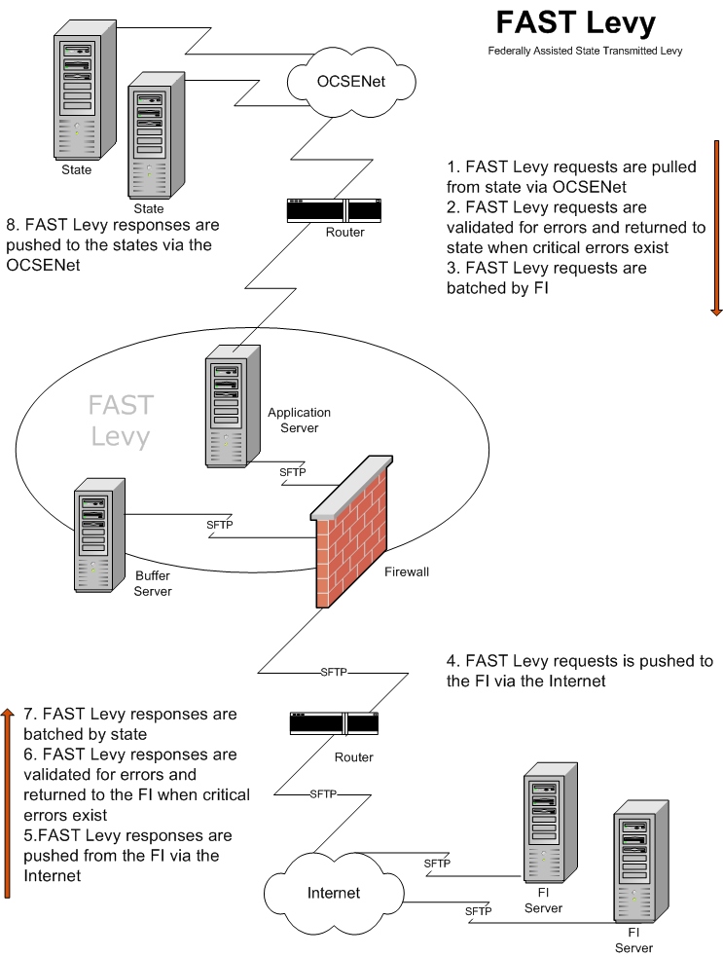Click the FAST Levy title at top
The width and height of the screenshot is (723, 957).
[576, 22]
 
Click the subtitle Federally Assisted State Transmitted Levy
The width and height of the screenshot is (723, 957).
[585, 51]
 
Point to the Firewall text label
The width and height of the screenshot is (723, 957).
[406, 571]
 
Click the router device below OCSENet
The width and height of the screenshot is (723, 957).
[333, 210]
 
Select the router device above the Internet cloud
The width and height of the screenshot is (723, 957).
[334, 723]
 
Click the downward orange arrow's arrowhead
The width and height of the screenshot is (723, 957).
[716, 311]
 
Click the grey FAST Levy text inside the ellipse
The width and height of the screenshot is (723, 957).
[121, 421]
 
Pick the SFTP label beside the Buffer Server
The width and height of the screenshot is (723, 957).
[220, 525]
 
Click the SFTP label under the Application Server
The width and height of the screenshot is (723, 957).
[292, 472]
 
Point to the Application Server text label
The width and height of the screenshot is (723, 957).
[299, 420]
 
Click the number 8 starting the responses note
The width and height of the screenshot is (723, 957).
[11, 225]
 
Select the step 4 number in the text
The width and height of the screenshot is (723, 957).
[452, 661]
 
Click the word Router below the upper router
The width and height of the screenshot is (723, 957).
[345, 233]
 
